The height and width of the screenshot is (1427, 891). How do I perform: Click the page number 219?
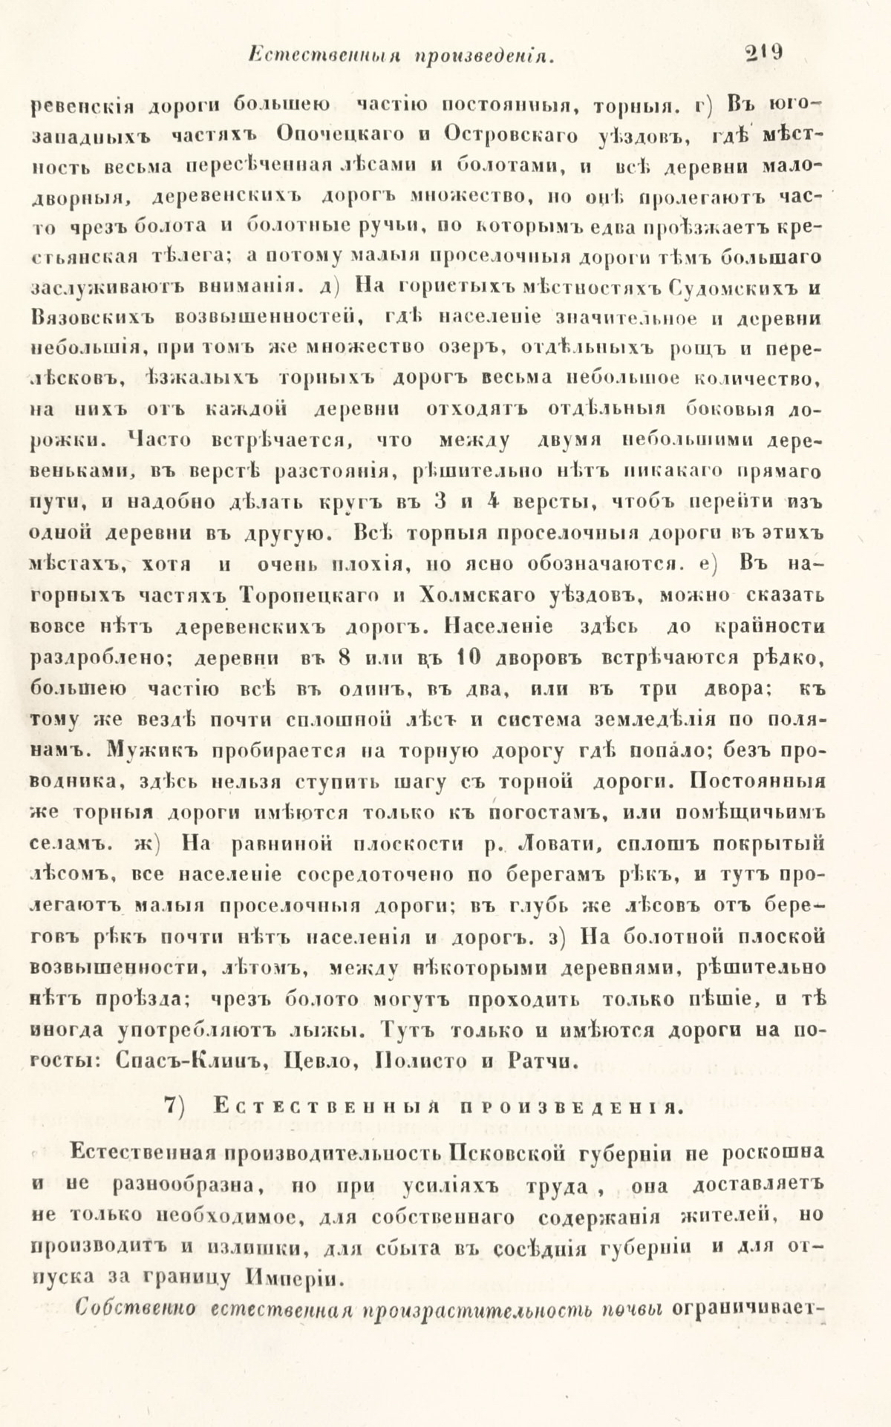(x=766, y=54)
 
